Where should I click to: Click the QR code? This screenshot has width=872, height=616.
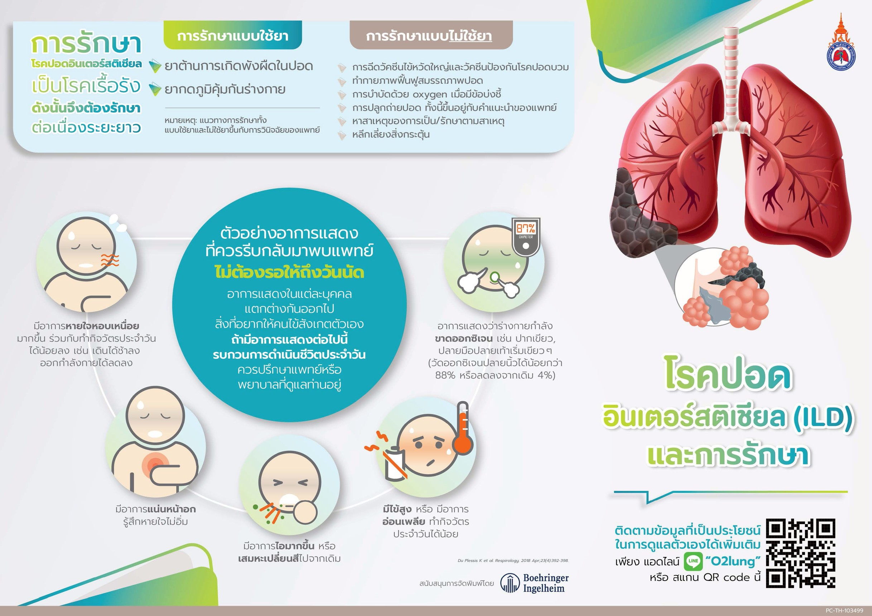click(801, 553)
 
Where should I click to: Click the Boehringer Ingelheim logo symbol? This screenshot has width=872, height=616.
click(509, 583)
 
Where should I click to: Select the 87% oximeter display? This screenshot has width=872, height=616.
click(526, 228)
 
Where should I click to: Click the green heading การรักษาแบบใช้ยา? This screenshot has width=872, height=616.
click(232, 36)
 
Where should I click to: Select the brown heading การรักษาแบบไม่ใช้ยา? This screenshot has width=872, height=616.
click(429, 36)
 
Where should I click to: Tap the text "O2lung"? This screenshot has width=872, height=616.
click(733, 561)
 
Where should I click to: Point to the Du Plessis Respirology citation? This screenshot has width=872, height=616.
click(513, 561)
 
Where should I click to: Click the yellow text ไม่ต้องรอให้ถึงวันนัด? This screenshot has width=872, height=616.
click(289, 272)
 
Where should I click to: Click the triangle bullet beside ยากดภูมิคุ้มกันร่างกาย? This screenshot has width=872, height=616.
click(155, 89)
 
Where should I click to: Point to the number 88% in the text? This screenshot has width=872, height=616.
click(446, 375)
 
